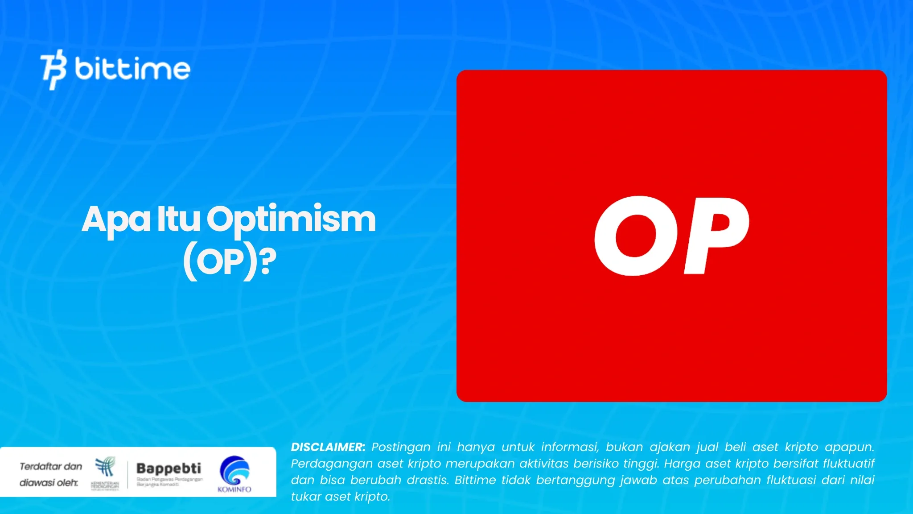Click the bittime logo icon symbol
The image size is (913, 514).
tap(53, 70)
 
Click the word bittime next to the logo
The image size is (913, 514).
tap(132, 69)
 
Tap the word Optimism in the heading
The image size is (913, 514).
tap(291, 220)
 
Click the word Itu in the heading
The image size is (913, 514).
tap(178, 220)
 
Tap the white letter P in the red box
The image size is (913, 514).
tap(716, 236)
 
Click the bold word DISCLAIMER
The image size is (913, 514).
tap(328, 447)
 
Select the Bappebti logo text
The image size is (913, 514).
tap(169, 468)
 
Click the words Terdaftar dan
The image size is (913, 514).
tap(51, 466)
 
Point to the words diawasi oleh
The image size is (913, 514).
tap(49, 483)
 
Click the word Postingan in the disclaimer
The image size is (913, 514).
tap(401, 447)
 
